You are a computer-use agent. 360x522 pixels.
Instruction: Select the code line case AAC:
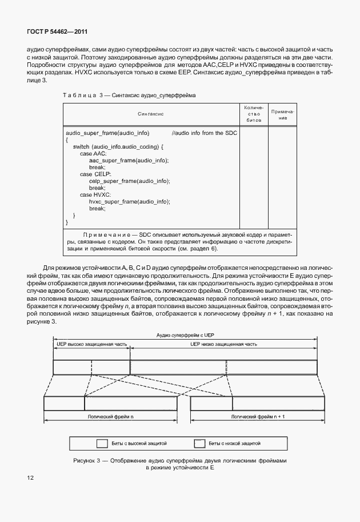coord(93,154)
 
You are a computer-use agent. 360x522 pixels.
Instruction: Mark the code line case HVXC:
coord(95,195)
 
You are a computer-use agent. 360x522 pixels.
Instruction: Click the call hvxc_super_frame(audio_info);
coord(130,202)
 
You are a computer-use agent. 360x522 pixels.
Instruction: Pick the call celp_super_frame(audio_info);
coord(129,181)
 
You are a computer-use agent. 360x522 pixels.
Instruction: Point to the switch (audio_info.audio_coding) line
coord(118,147)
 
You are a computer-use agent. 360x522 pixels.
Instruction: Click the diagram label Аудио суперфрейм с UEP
coord(184,336)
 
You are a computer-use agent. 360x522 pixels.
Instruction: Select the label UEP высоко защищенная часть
coord(91,345)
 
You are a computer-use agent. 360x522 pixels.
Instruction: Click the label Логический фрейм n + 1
coord(254,417)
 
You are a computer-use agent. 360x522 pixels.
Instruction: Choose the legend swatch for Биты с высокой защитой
coord(102,443)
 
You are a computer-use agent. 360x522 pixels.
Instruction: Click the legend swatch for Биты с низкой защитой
coord(199,443)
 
